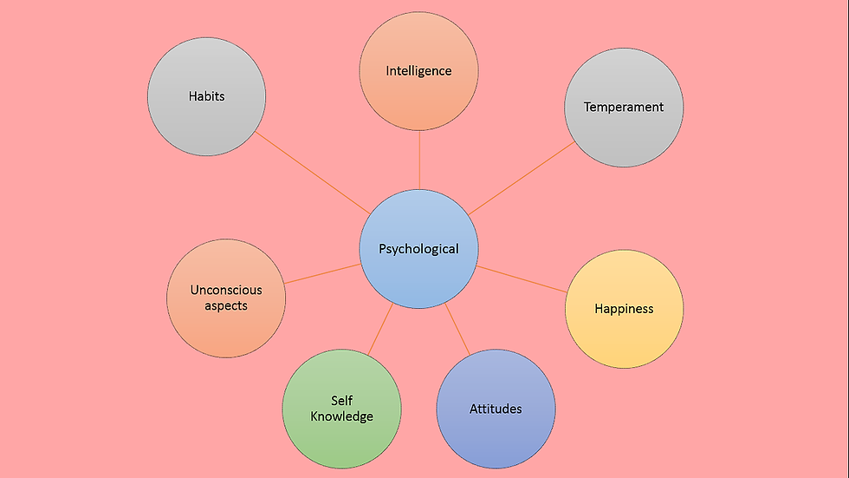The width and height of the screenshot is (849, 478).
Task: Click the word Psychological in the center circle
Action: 418,249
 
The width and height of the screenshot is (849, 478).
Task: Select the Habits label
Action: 206,96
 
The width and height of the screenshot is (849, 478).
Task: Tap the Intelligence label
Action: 418,70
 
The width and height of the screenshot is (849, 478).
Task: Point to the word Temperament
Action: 624,108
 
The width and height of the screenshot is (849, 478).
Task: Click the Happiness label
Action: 624,309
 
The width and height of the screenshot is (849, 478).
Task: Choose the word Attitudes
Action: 496,409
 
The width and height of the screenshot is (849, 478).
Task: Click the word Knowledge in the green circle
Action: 341,416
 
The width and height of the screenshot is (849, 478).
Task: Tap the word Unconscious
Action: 226,291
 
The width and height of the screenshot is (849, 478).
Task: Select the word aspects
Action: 226,306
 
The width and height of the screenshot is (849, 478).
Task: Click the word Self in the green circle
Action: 341,401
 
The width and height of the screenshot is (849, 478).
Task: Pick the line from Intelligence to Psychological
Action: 419,160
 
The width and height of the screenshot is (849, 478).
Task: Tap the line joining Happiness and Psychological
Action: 523,279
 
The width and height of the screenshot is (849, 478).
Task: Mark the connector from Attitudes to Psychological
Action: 458,330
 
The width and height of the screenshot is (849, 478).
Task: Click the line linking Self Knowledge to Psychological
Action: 380,329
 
